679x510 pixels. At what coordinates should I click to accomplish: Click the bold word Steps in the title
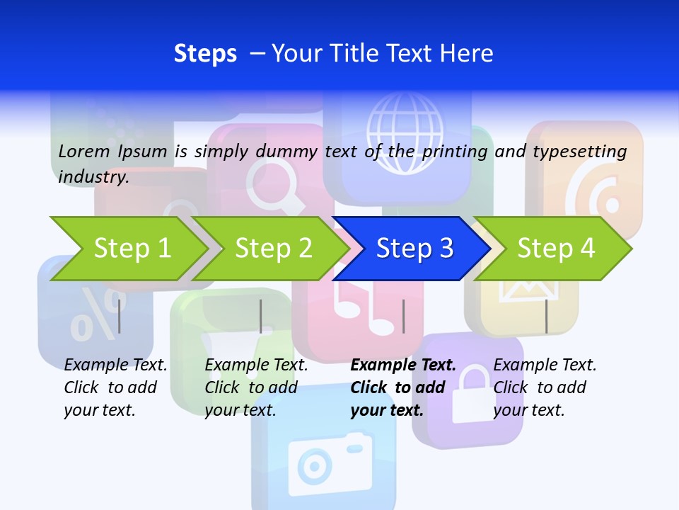coord(205,54)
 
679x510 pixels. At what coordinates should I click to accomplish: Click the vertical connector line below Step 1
coord(120,316)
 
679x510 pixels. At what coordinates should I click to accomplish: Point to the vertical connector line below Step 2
coord(261,316)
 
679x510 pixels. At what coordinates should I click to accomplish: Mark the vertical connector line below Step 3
coord(404,316)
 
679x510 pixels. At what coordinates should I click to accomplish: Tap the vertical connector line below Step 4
coord(546,316)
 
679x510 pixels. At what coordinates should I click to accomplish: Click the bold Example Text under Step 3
coord(403,365)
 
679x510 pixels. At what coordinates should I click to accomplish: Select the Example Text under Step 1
coord(115,365)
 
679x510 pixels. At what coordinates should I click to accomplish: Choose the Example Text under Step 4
coord(545,365)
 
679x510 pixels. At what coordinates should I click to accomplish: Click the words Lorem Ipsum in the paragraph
coord(112,152)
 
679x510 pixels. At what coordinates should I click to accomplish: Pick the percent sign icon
coord(95,315)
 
